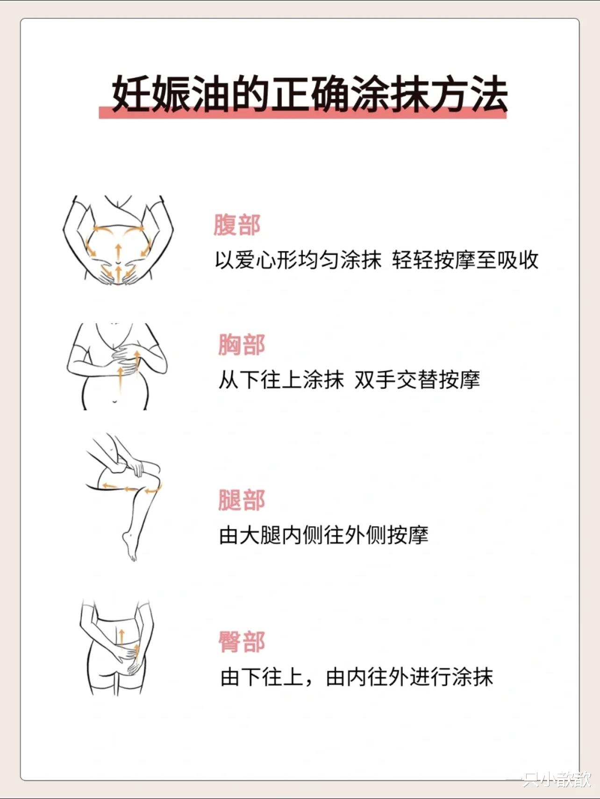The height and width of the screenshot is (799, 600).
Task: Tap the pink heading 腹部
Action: (x=237, y=225)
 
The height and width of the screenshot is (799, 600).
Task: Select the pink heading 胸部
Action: (x=242, y=344)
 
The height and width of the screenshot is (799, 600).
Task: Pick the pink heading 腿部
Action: (x=242, y=500)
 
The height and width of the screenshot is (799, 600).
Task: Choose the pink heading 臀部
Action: (x=242, y=642)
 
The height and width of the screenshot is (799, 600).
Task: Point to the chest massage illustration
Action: (x=117, y=366)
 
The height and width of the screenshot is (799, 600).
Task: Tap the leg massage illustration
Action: (x=124, y=498)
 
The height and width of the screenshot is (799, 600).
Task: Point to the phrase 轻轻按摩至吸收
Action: (x=465, y=260)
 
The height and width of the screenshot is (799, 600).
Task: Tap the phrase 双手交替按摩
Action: (x=417, y=380)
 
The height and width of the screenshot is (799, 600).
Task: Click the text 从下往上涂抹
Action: (x=281, y=380)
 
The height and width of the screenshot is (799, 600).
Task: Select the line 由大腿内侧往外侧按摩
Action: (x=324, y=535)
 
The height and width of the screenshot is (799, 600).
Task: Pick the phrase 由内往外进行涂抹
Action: (x=409, y=677)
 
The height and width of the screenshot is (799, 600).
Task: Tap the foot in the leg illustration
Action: (x=130, y=546)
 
